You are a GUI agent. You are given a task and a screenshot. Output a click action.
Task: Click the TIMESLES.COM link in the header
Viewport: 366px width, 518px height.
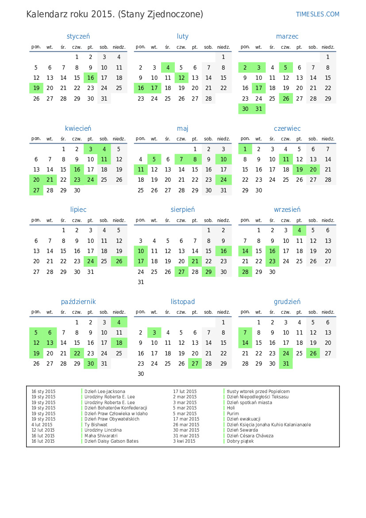[317, 14]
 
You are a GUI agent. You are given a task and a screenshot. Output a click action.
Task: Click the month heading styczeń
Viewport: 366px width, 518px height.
[78, 36]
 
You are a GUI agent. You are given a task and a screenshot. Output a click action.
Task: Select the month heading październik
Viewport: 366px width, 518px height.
[78, 302]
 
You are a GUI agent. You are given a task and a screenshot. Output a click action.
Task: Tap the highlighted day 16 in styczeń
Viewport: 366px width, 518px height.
[90, 78]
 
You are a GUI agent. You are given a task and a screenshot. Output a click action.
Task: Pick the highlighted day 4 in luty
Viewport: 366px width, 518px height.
[168, 68]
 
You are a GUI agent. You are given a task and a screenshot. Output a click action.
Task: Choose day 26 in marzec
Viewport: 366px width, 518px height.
[286, 99]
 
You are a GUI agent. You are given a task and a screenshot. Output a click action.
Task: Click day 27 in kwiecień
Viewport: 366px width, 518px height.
[36, 191]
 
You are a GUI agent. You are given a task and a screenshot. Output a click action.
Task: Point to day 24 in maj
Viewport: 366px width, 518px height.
[223, 180]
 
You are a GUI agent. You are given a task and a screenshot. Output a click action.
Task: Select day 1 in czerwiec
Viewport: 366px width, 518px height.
[245, 149]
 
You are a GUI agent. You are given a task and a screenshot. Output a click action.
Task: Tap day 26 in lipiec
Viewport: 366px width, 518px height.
[119, 261]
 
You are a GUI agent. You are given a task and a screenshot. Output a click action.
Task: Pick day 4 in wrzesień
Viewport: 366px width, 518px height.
[300, 230]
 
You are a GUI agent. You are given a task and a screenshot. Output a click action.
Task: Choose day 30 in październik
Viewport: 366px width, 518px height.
[90, 364]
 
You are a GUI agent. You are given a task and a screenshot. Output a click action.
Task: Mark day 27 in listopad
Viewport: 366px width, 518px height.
[195, 364]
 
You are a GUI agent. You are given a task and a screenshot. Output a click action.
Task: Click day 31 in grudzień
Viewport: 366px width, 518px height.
[286, 364]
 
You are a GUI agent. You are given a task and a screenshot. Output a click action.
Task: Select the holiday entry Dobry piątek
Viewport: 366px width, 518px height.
[240, 441]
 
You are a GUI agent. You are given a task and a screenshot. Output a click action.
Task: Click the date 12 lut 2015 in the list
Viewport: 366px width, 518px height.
[43, 430]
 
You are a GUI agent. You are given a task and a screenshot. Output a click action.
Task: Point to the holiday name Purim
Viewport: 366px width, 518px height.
[233, 413]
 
